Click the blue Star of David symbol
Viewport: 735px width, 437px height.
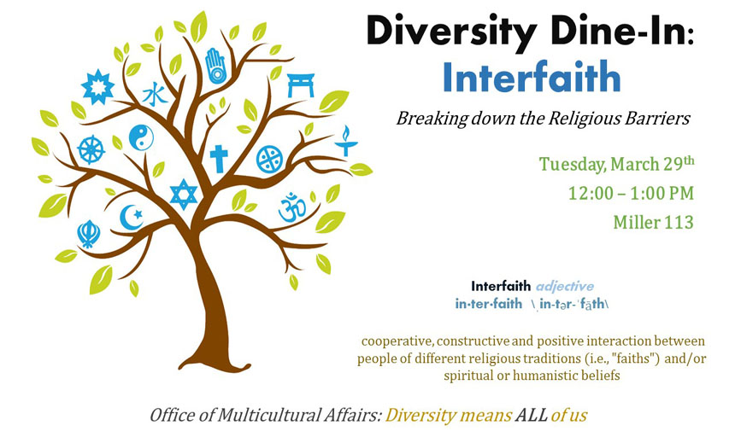[184, 194]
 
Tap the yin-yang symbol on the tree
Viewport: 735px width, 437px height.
[141, 137]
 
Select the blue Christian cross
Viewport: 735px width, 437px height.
[219, 159]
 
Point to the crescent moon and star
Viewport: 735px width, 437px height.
[132, 217]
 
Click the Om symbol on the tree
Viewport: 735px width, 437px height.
[292, 207]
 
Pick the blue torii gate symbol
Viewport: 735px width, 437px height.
[301, 84]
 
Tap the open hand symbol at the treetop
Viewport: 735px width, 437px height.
[215, 66]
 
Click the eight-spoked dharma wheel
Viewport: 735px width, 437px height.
[91, 149]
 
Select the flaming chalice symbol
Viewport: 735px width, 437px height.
[346, 141]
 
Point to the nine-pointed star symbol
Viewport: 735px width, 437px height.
[97, 86]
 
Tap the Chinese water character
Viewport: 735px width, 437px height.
[155, 95]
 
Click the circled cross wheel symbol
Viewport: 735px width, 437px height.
[269, 159]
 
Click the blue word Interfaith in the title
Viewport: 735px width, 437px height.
[532, 77]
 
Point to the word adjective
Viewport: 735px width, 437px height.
[565, 286]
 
